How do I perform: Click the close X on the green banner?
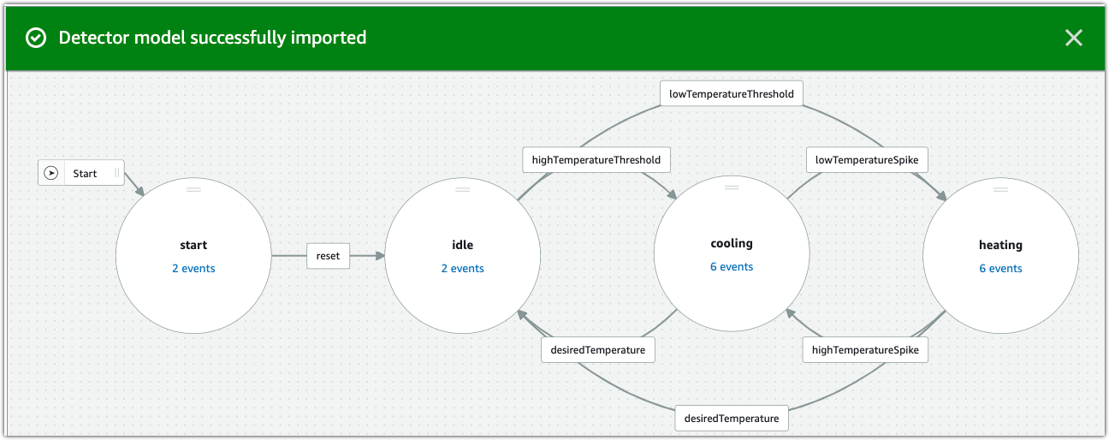coord(1073,38)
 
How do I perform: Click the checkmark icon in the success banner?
coord(36,38)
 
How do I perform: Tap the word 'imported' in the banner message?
coord(327,38)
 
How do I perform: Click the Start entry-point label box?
coord(81,173)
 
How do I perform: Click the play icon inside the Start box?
coord(51,173)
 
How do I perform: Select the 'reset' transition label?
coord(328,256)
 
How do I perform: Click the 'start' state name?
coord(193,245)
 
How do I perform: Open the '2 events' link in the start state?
coord(193,268)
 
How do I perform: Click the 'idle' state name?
coord(462,245)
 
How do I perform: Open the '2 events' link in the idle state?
coord(462,268)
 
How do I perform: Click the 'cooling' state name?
coord(732,243)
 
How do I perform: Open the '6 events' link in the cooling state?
coord(732,266)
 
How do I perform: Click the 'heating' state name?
coord(1000,245)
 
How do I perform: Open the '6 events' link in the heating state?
coord(1000,268)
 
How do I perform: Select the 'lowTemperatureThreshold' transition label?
coord(731,93)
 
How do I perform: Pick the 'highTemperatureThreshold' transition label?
coord(596,160)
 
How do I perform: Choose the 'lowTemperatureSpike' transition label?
coord(866,160)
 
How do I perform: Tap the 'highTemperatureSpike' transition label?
coord(864,350)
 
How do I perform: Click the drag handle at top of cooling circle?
coord(732,186)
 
